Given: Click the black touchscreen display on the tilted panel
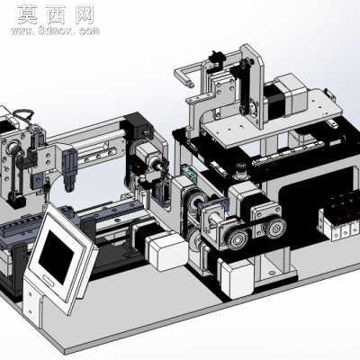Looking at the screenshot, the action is click(x=56, y=257).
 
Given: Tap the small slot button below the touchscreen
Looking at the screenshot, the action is click(x=49, y=280).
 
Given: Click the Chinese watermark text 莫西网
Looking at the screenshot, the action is click(x=55, y=14).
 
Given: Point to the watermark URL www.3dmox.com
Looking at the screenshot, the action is click(x=55, y=31).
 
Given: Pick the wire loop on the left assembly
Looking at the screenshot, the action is click(x=23, y=114).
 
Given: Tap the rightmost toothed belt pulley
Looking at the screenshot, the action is click(x=274, y=229).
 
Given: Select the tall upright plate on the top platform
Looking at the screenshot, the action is click(x=252, y=84).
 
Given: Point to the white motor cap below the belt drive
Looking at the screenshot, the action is click(x=238, y=278).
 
